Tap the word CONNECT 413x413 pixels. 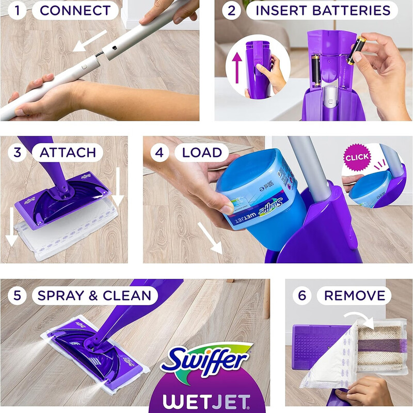[75, 10]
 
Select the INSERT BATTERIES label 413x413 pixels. [323, 10]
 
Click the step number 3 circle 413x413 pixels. [17, 152]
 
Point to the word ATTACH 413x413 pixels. [68, 152]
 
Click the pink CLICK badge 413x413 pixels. [357, 156]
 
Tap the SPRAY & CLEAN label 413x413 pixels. [94, 295]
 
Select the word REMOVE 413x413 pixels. [355, 295]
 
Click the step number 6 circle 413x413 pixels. [302, 295]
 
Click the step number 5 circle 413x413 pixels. [17, 295]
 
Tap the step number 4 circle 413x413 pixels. [160, 152]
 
